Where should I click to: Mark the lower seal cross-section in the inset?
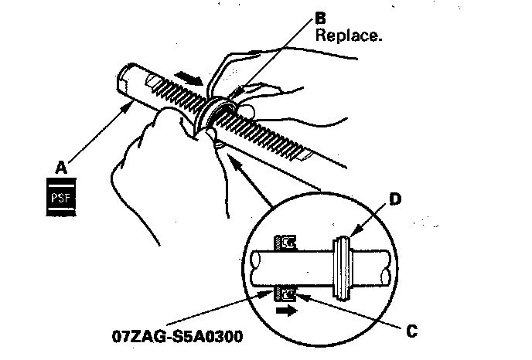pyautogui.click(x=288, y=294)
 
